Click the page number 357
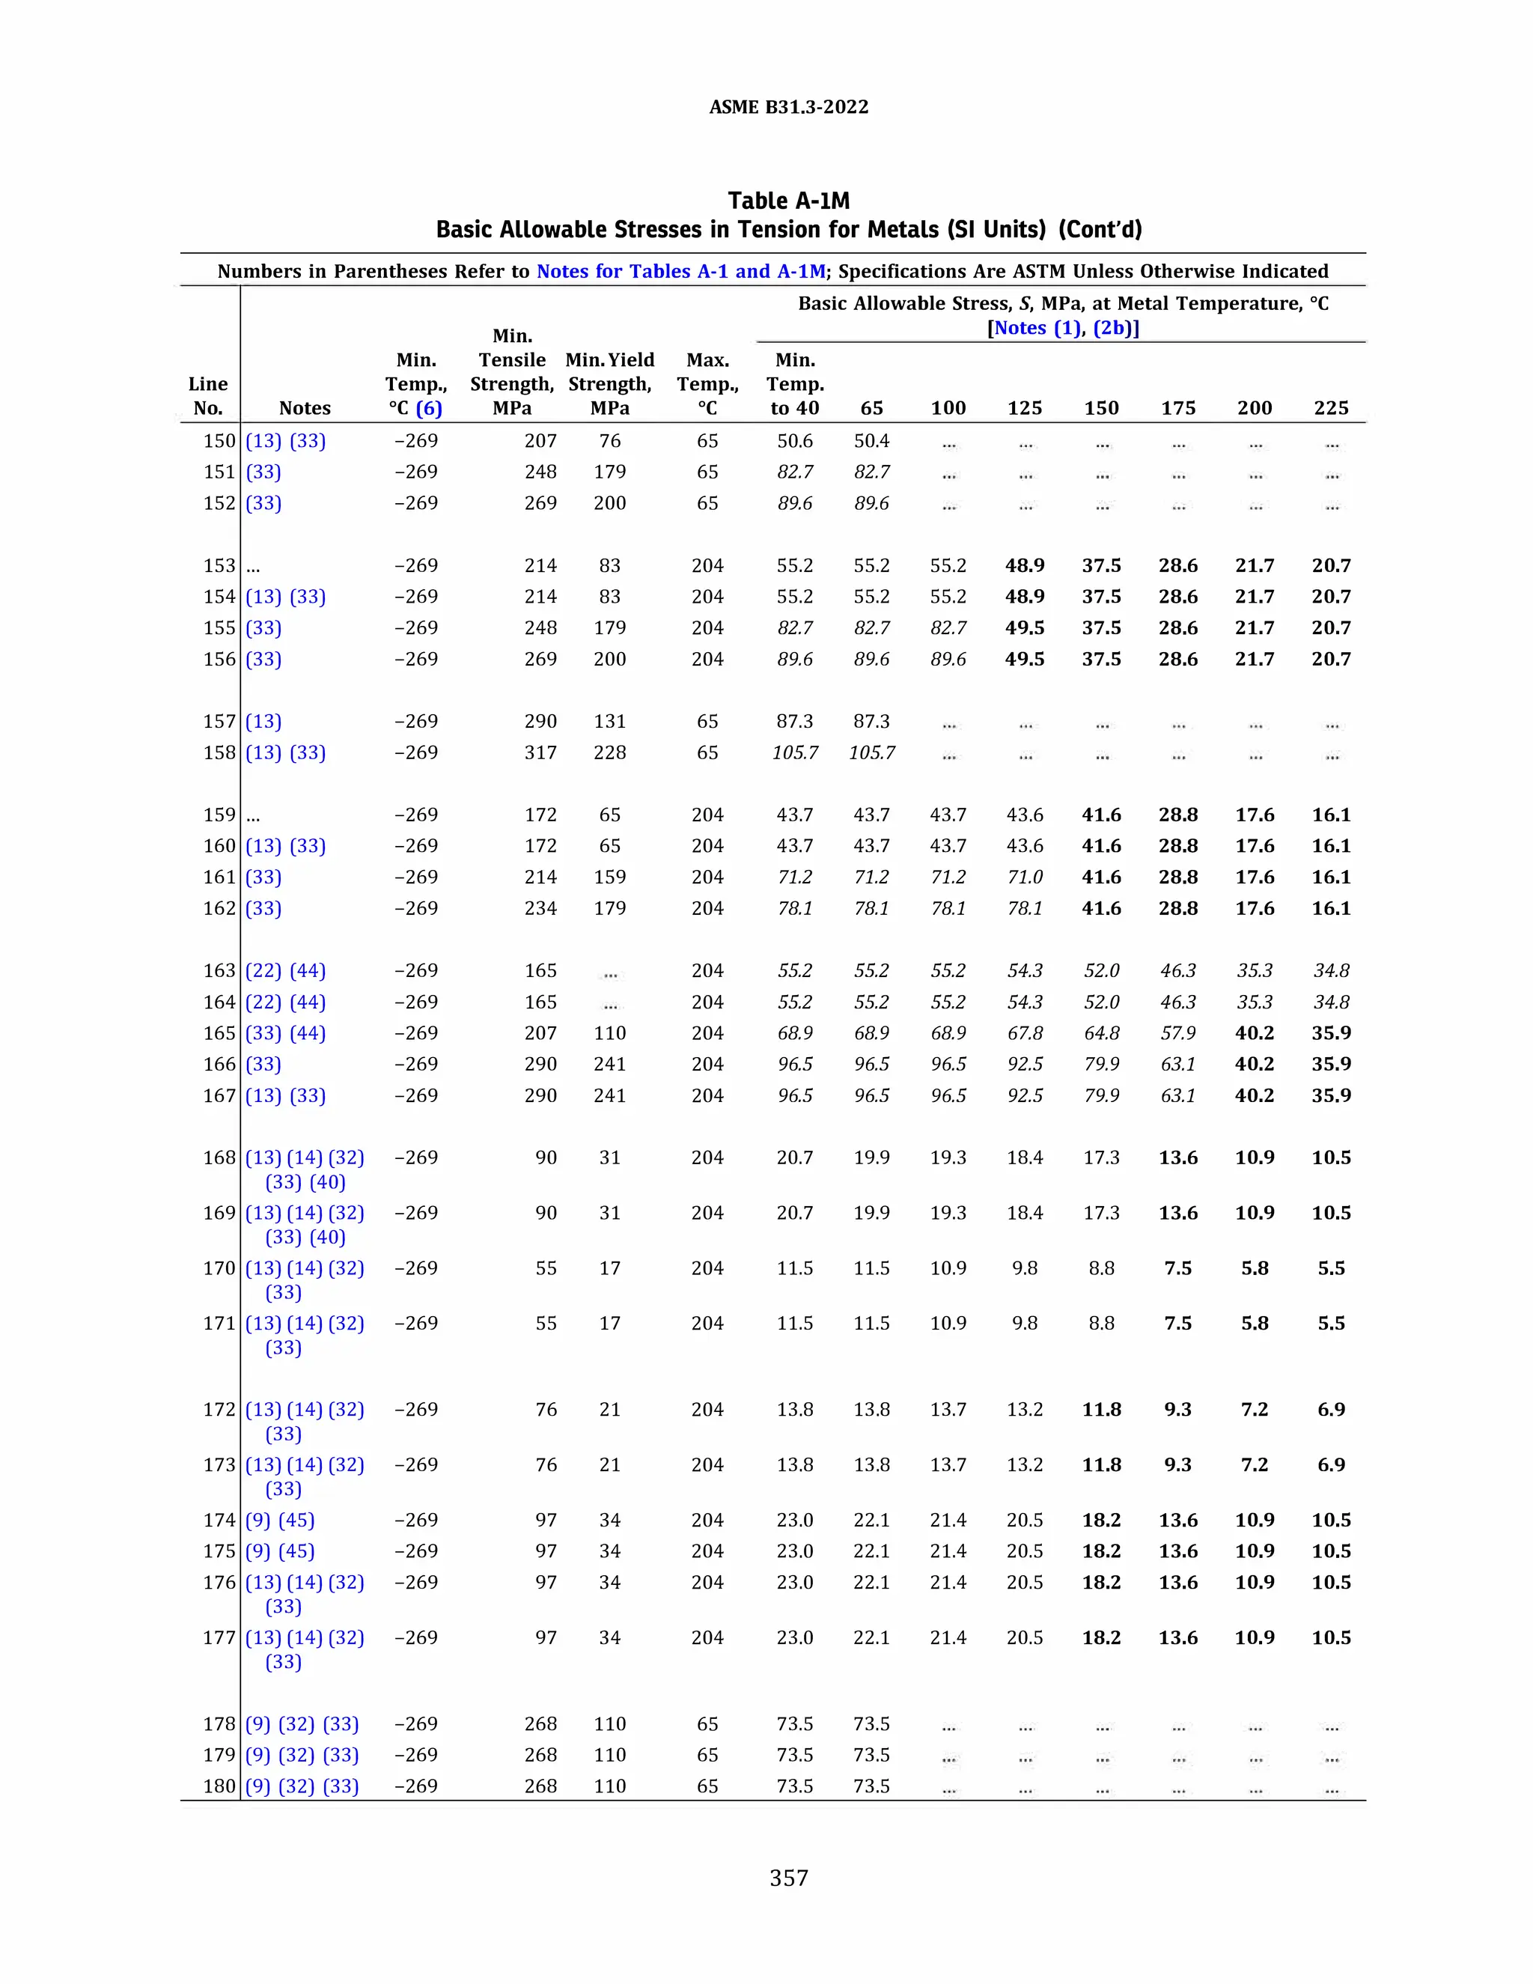(788, 1878)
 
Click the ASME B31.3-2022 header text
(788, 107)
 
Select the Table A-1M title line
(788, 201)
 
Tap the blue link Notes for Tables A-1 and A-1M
(681, 272)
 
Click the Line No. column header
(208, 396)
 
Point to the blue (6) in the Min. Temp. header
(429, 409)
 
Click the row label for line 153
(219, 566)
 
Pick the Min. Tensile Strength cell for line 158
(540, 753)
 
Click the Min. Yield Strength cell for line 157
(609, 721)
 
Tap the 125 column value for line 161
(1025, 877)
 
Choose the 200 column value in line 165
(1255, 1034)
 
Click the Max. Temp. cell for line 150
(707, 442)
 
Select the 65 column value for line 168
(871, 1158)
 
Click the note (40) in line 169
(328, 1238)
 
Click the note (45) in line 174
(297, 1521)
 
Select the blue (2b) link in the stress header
(1115, 329)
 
